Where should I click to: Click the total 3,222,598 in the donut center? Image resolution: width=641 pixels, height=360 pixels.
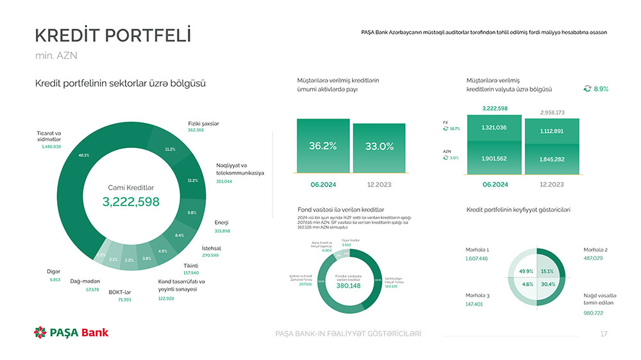pyautogui.click(x=131, y=202)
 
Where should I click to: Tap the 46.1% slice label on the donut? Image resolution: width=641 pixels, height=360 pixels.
pyautogui.click(x=83, y=155)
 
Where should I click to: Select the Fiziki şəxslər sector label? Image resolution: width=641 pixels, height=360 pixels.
pyautogui.click(x=203, y=122)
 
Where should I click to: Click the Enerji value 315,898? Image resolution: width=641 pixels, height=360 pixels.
pyautogui.click(x=222, y=231)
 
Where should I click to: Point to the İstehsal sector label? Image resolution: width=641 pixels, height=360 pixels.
pyautogui.click(x=211, y=247)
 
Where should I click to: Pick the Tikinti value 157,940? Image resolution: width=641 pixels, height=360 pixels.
pyautogui.click(x=191, y=273)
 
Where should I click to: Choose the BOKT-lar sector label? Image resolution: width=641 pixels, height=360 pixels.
pyautogui.click(x=120, y=292)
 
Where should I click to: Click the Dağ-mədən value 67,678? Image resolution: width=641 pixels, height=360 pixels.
pyautogui.click(x=92, y=290)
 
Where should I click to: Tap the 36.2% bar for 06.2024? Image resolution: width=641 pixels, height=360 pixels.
pyautogui.click(x=323, y=146)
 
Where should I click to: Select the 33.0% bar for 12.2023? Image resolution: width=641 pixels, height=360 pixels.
pyautogui.click(x=379, y=147)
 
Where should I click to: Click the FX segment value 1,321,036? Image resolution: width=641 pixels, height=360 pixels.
pyautogui.click(x=494, y=127)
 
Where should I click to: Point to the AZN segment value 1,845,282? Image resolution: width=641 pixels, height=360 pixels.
pyautogui.click(x=551, y=159)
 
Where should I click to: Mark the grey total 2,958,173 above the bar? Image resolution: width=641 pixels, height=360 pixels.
pyautogui.click(x=552, y=113)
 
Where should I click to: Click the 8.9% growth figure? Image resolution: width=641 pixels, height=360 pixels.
pyautogui.click(x=601, y=89)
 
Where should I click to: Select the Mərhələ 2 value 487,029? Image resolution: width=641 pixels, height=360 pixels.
pyautogui.click(x=593, y=258)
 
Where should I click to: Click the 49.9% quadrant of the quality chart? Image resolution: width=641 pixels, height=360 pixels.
pyautogui.click(x=526, y=271)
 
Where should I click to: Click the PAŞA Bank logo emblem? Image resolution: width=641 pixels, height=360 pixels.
pyautogui.click(x=40, y=332)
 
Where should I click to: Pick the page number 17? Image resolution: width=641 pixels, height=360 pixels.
pyautogui.click(x=603, y=334)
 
